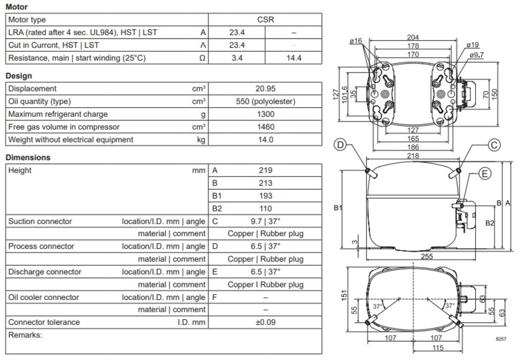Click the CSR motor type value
[x=265, y=20]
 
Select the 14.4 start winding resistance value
[x=294, y=58]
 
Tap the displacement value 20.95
[x=265, y=89]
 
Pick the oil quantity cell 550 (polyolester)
[x=265, y=101]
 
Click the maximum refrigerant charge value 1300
[x=265, y=114]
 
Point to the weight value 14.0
[x=265, y=139]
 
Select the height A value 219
[x=265, y=170]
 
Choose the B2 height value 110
[x=265, y=209]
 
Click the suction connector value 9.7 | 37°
[x=265, y=221]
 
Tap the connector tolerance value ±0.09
[x=265, y=323]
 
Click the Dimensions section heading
[x=28, y=157]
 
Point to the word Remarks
[x=25, y=335]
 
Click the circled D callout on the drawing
[x=341, y=145]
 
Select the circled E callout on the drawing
[x=485, y=173]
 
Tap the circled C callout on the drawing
[x=494, y=145]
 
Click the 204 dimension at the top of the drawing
[x=413, y=37]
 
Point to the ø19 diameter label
[x=471, y=44]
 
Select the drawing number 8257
[x=501, y=340]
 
